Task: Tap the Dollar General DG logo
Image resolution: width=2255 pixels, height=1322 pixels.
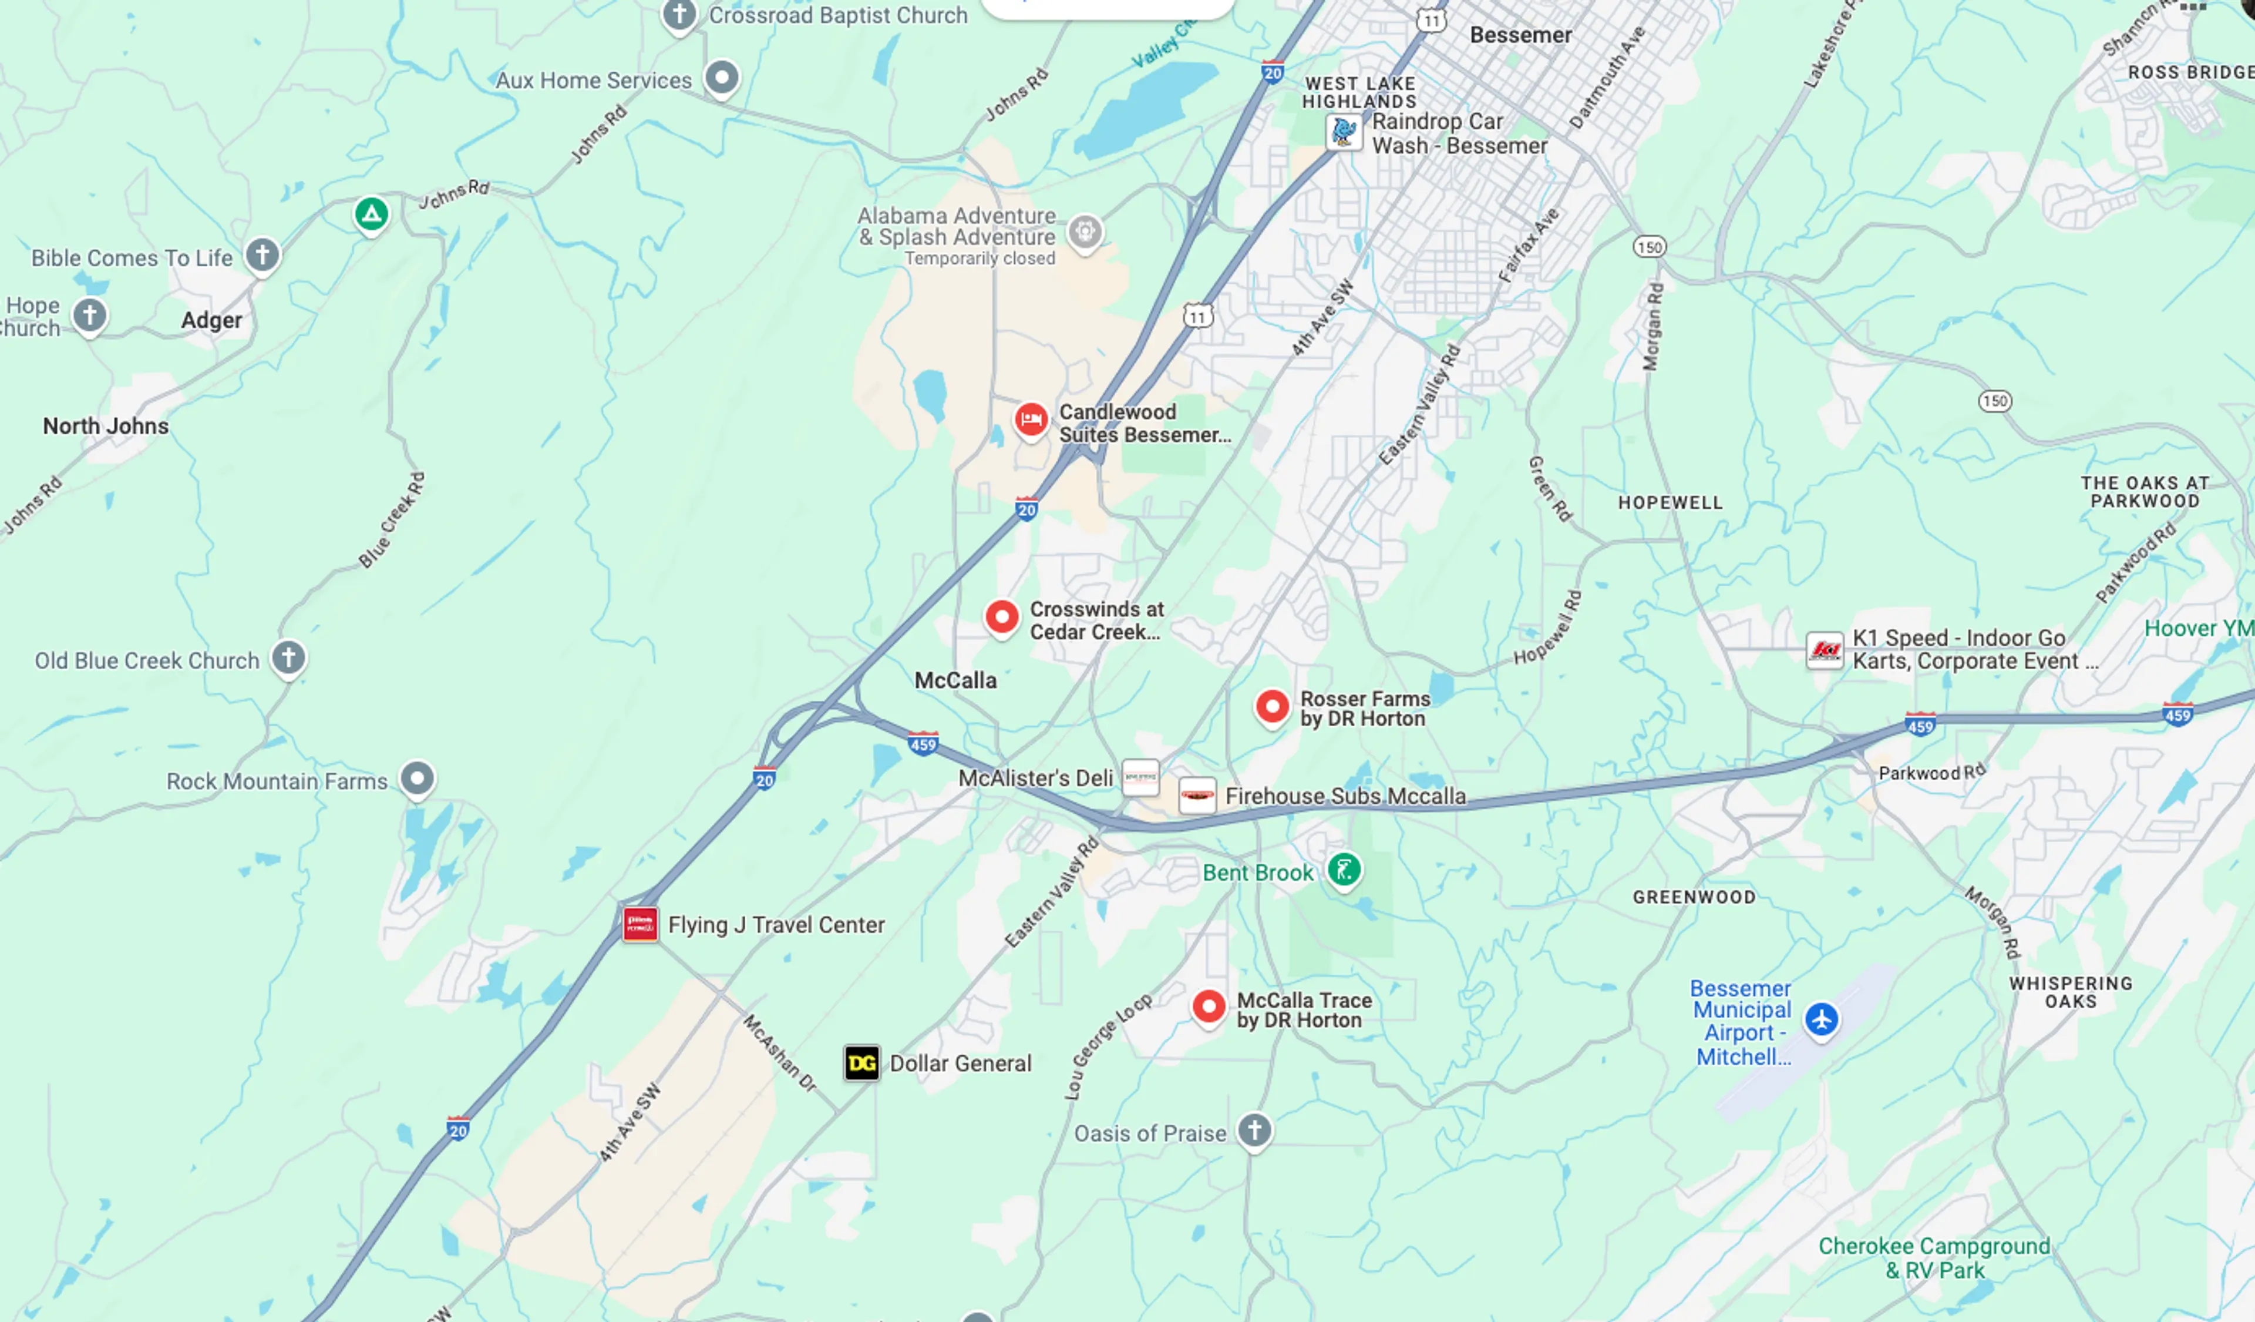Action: (861, 1063)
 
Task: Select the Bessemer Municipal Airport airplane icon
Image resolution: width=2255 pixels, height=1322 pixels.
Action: (1821, 1019)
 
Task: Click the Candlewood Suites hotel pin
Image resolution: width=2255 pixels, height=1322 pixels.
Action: (1031, 419)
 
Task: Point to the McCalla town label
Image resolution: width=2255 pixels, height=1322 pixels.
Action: (955, 680)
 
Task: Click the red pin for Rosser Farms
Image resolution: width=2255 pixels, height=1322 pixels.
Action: (1271, 707)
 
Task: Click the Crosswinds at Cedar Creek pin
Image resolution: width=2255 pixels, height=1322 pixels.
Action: (1001, 617)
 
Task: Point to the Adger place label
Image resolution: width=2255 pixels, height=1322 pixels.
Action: (211, 320)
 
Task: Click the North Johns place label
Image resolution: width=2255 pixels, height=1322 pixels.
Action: (106, 426)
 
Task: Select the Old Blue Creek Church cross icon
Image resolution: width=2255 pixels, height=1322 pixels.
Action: (288, 658)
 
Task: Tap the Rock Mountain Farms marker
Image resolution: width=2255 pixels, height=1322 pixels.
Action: (417, 778)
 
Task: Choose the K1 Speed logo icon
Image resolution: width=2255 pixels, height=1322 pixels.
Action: (1824, 650)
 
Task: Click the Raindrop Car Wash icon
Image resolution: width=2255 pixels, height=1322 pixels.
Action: (1343, 132)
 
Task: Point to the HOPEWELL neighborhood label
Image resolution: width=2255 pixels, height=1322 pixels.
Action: (1670, 503)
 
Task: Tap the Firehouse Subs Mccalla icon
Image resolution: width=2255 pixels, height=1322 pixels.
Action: (1196, 795)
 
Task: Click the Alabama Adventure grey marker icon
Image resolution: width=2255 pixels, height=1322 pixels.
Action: (1085, 232)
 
